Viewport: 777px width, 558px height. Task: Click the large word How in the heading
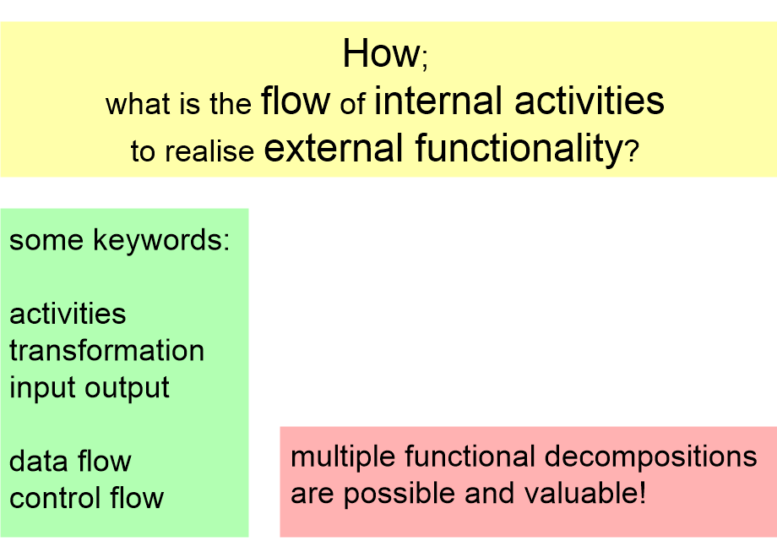coord(380,55)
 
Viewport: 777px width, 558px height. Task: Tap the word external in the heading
coord(334,149)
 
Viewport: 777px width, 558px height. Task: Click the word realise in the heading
coord(209,151)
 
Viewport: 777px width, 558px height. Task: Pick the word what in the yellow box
coord(137,105)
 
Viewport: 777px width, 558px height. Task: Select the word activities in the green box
coord(68,314)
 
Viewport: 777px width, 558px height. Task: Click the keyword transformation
coord(106,350)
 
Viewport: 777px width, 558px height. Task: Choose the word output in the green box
coord(128,387)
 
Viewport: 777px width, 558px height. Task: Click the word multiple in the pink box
coord(343,457)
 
